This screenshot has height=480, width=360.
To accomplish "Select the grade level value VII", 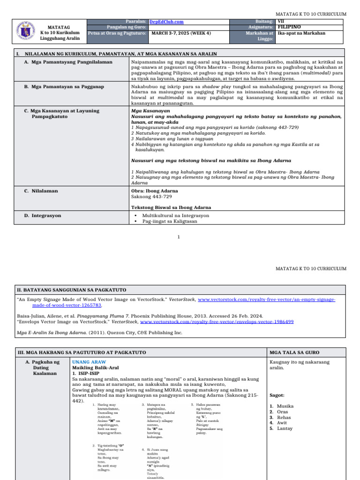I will [281, 22].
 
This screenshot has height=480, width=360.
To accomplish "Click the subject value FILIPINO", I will [289, 27].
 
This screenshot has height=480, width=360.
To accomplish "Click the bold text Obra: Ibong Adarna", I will [155, 191].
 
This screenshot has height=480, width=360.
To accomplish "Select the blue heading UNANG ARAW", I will [89, 362].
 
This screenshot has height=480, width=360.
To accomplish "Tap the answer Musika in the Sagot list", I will [285, 406].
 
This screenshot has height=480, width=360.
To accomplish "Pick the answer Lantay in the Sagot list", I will [285, 428].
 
